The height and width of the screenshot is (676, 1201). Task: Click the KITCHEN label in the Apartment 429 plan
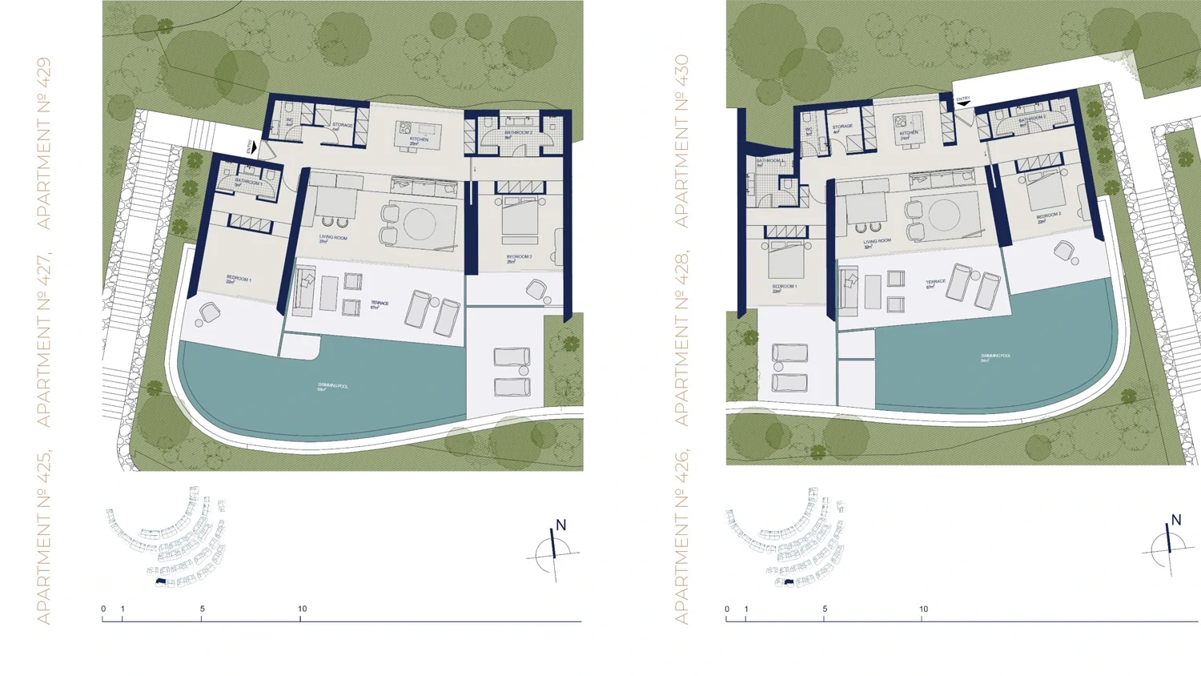(419, 140)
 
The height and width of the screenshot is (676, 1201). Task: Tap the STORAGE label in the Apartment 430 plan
(842, 127)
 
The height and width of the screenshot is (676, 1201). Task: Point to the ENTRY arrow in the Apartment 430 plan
(963, 103)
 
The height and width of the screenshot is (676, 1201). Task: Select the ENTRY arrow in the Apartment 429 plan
(253, 147)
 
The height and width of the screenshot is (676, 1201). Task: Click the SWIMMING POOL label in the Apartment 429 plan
(332, 387)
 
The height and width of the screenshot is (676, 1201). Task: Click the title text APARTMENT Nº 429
(43, 143)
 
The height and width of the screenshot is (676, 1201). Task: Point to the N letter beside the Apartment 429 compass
(560, 525)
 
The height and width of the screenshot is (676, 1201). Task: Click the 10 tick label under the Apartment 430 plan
(923, 610)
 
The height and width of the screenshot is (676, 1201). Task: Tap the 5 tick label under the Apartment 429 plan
(202, 609)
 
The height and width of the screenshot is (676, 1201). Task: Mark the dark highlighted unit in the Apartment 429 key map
(160, 581)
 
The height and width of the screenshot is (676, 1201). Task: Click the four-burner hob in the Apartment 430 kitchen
(901, 122)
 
